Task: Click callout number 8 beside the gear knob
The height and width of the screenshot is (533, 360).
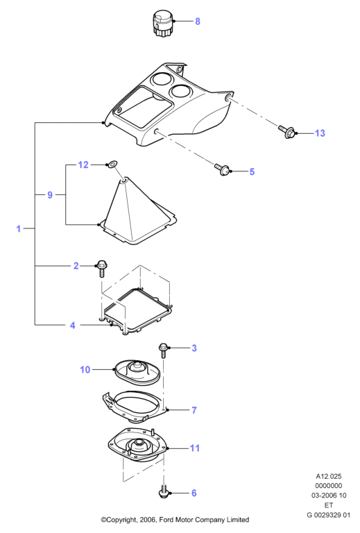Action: (197, 22)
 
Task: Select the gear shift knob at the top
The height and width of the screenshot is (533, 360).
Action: (163, 22)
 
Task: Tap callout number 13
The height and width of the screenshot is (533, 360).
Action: (320, 133)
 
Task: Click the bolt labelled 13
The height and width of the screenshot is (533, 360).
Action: (286, 133)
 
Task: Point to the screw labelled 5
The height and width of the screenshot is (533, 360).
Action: (223, 169)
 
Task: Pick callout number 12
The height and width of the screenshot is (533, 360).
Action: (83, 165)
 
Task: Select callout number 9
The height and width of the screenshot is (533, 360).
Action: (50, 195)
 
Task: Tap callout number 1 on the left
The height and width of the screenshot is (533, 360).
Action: (19, 229)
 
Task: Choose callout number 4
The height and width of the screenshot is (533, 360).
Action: (72, 325)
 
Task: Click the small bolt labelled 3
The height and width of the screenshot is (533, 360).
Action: (163, 350)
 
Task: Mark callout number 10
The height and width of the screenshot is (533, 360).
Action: (85, 369)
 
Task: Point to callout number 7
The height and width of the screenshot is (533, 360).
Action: (194, 410)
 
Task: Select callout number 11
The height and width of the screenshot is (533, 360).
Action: (195, 448)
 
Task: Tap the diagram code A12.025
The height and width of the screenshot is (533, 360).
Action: (329, 477)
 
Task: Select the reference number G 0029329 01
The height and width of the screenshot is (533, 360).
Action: (328, 515)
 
